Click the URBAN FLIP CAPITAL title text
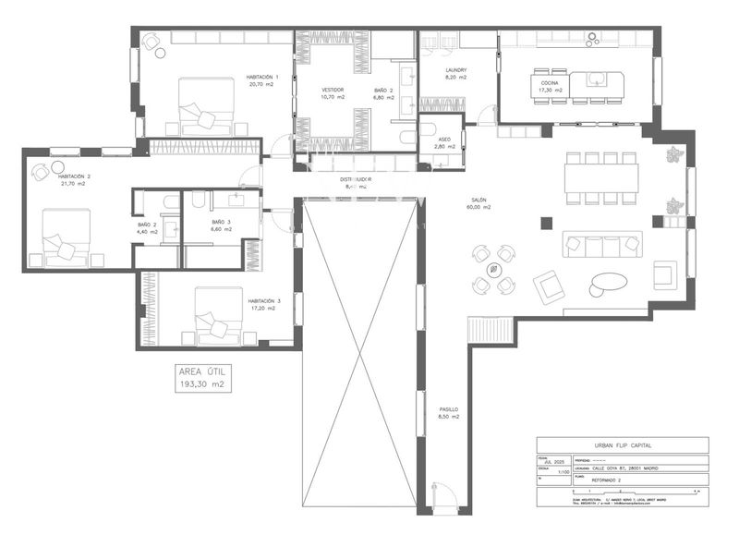tap(622, 444)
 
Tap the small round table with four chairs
tap(493, 269)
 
